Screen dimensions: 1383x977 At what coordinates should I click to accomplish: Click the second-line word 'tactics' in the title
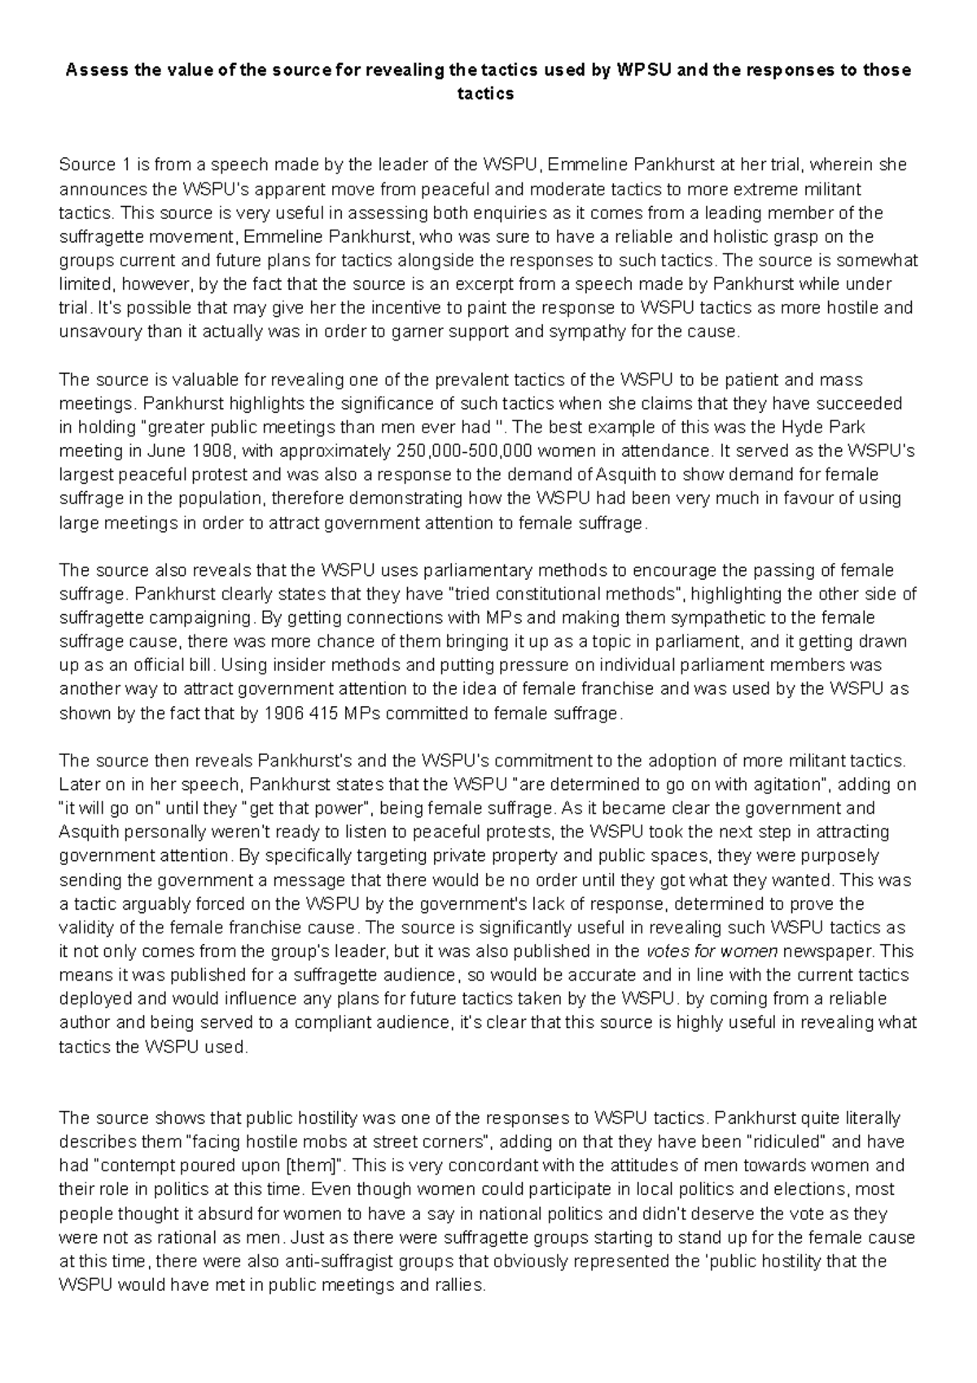488,94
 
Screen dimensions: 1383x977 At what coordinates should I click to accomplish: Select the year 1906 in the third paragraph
283,713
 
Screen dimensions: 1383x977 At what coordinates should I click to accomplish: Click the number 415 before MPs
325,713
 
